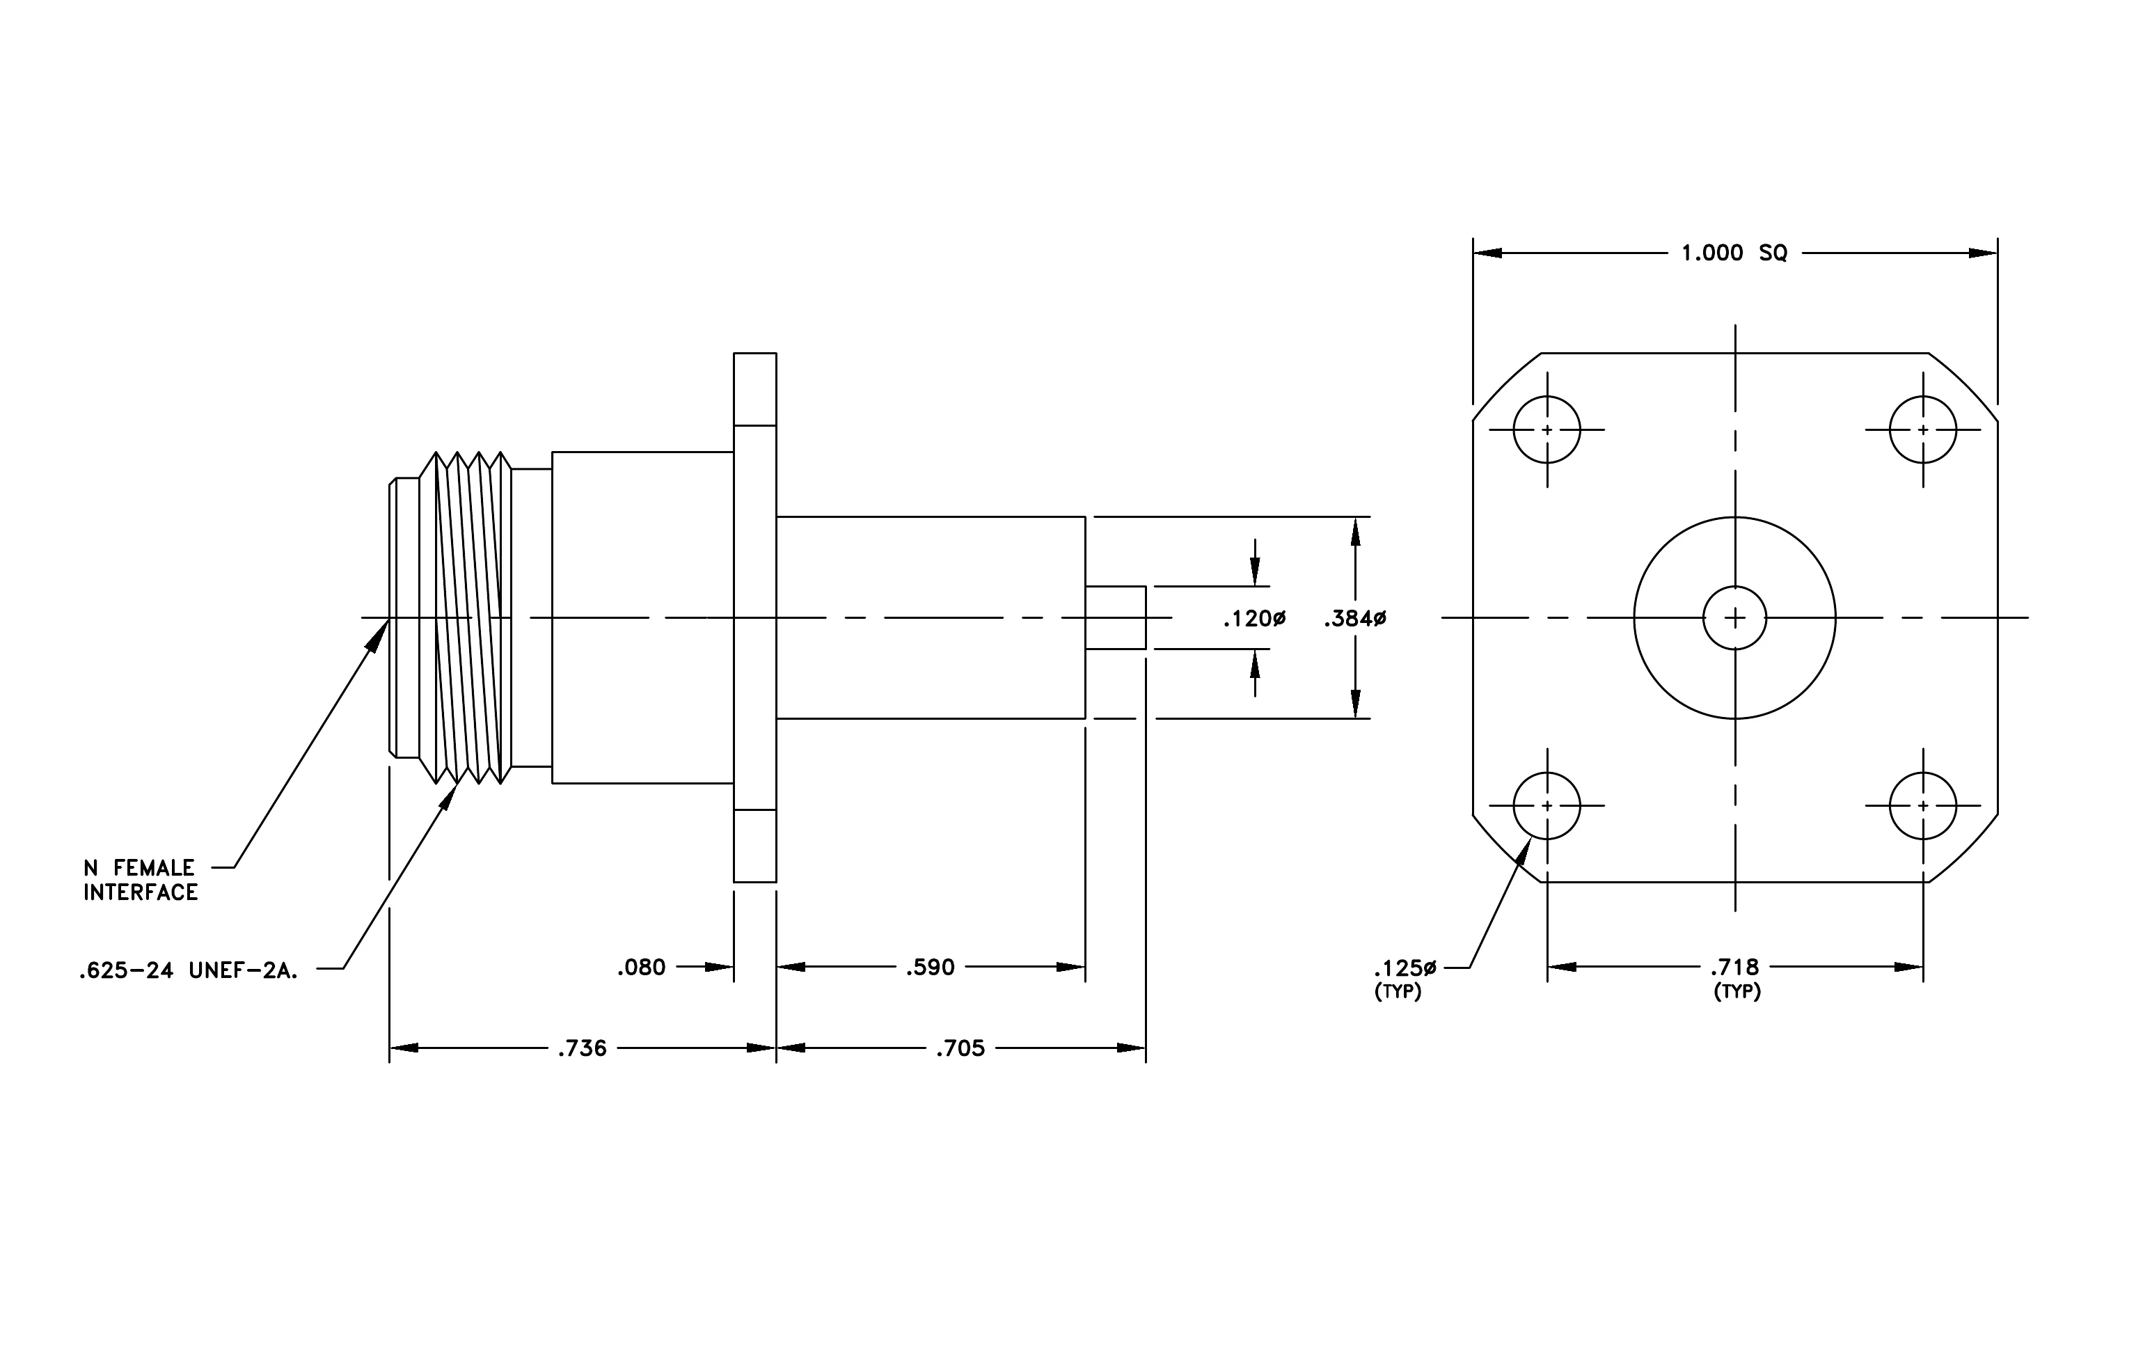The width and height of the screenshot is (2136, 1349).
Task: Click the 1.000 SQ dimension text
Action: (1734, 253)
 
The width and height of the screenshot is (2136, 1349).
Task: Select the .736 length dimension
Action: (582, 1048)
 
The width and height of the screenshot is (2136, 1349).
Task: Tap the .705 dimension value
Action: (960, 1048)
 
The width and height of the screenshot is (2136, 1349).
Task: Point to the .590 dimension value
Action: (930, 967)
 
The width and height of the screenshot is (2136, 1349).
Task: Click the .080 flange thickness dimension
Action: (641, 967)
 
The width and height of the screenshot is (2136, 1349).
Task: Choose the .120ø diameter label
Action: (1254, 619)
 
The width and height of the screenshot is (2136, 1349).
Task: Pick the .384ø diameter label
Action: (1355, 619)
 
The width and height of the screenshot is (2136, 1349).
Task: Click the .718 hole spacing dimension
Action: (1735, 967)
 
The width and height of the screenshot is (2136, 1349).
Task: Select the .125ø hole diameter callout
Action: (1406, 967)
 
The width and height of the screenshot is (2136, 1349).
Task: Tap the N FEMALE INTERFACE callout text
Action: (140, 880)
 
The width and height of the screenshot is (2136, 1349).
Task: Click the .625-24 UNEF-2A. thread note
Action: (188, 971)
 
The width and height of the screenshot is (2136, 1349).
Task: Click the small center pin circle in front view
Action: (1735, 586)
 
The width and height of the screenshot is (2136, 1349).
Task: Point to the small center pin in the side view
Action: (1116, 617)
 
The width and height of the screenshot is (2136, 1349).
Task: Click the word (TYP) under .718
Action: (1737, 992)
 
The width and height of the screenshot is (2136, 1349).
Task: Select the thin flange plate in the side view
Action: (755, 617)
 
